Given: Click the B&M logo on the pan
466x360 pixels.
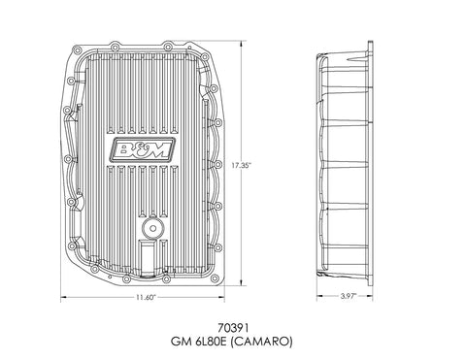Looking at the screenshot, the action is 143,149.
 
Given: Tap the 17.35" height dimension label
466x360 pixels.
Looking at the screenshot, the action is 241,165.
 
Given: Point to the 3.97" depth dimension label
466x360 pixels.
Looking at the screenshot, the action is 348,296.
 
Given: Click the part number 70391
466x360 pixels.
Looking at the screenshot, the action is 233,328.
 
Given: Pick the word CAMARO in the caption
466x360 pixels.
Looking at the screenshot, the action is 262,342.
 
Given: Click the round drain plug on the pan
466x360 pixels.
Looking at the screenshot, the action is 153,228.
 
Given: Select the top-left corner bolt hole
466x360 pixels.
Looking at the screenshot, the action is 78,51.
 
